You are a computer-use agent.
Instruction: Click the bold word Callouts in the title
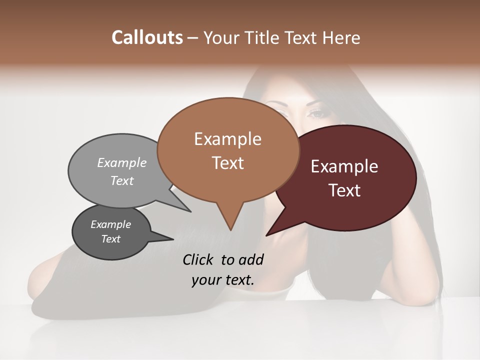coord(147,37)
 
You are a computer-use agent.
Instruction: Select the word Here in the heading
coord(341,37)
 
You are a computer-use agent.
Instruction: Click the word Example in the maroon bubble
coord(344,166)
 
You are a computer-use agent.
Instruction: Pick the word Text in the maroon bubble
coord(344,190)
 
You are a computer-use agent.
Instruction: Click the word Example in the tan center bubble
coord(227,139)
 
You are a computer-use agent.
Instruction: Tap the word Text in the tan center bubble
coord(227,163)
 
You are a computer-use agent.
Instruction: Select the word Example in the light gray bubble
coord(122,162)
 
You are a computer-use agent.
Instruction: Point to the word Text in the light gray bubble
coord(122,180)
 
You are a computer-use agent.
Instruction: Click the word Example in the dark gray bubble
coord(110,224)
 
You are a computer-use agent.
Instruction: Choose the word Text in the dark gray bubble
coord(110,239)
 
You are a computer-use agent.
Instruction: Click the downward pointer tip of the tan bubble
coord(230,229)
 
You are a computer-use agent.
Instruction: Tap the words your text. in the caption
coord(223,280)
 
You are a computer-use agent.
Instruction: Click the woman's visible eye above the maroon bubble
coord(317,113)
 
